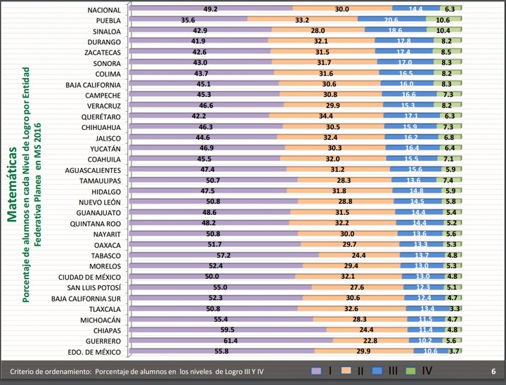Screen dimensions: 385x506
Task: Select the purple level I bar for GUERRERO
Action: pyautogui.click(x=232, y=341)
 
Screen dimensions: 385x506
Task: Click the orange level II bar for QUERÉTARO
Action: pyautogui.click(x=327, y=116)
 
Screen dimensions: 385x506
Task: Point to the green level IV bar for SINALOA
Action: pyautogui.click(x=443, y=32)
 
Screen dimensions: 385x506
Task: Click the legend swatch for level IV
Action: pyautogui.click(x=410, y=371)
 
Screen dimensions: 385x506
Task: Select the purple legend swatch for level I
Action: pyautogui.click(x=316, y=371)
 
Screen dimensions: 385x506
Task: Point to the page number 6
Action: pyautogui.click(x=493, y=371)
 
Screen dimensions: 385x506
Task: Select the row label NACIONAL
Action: pyautogui.click(x=104, y=10)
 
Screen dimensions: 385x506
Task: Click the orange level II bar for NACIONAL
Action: pyautogui.click(x=342, y=9)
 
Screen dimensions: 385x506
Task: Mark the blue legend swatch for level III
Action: pyautogui.click(x=379, y=371)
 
